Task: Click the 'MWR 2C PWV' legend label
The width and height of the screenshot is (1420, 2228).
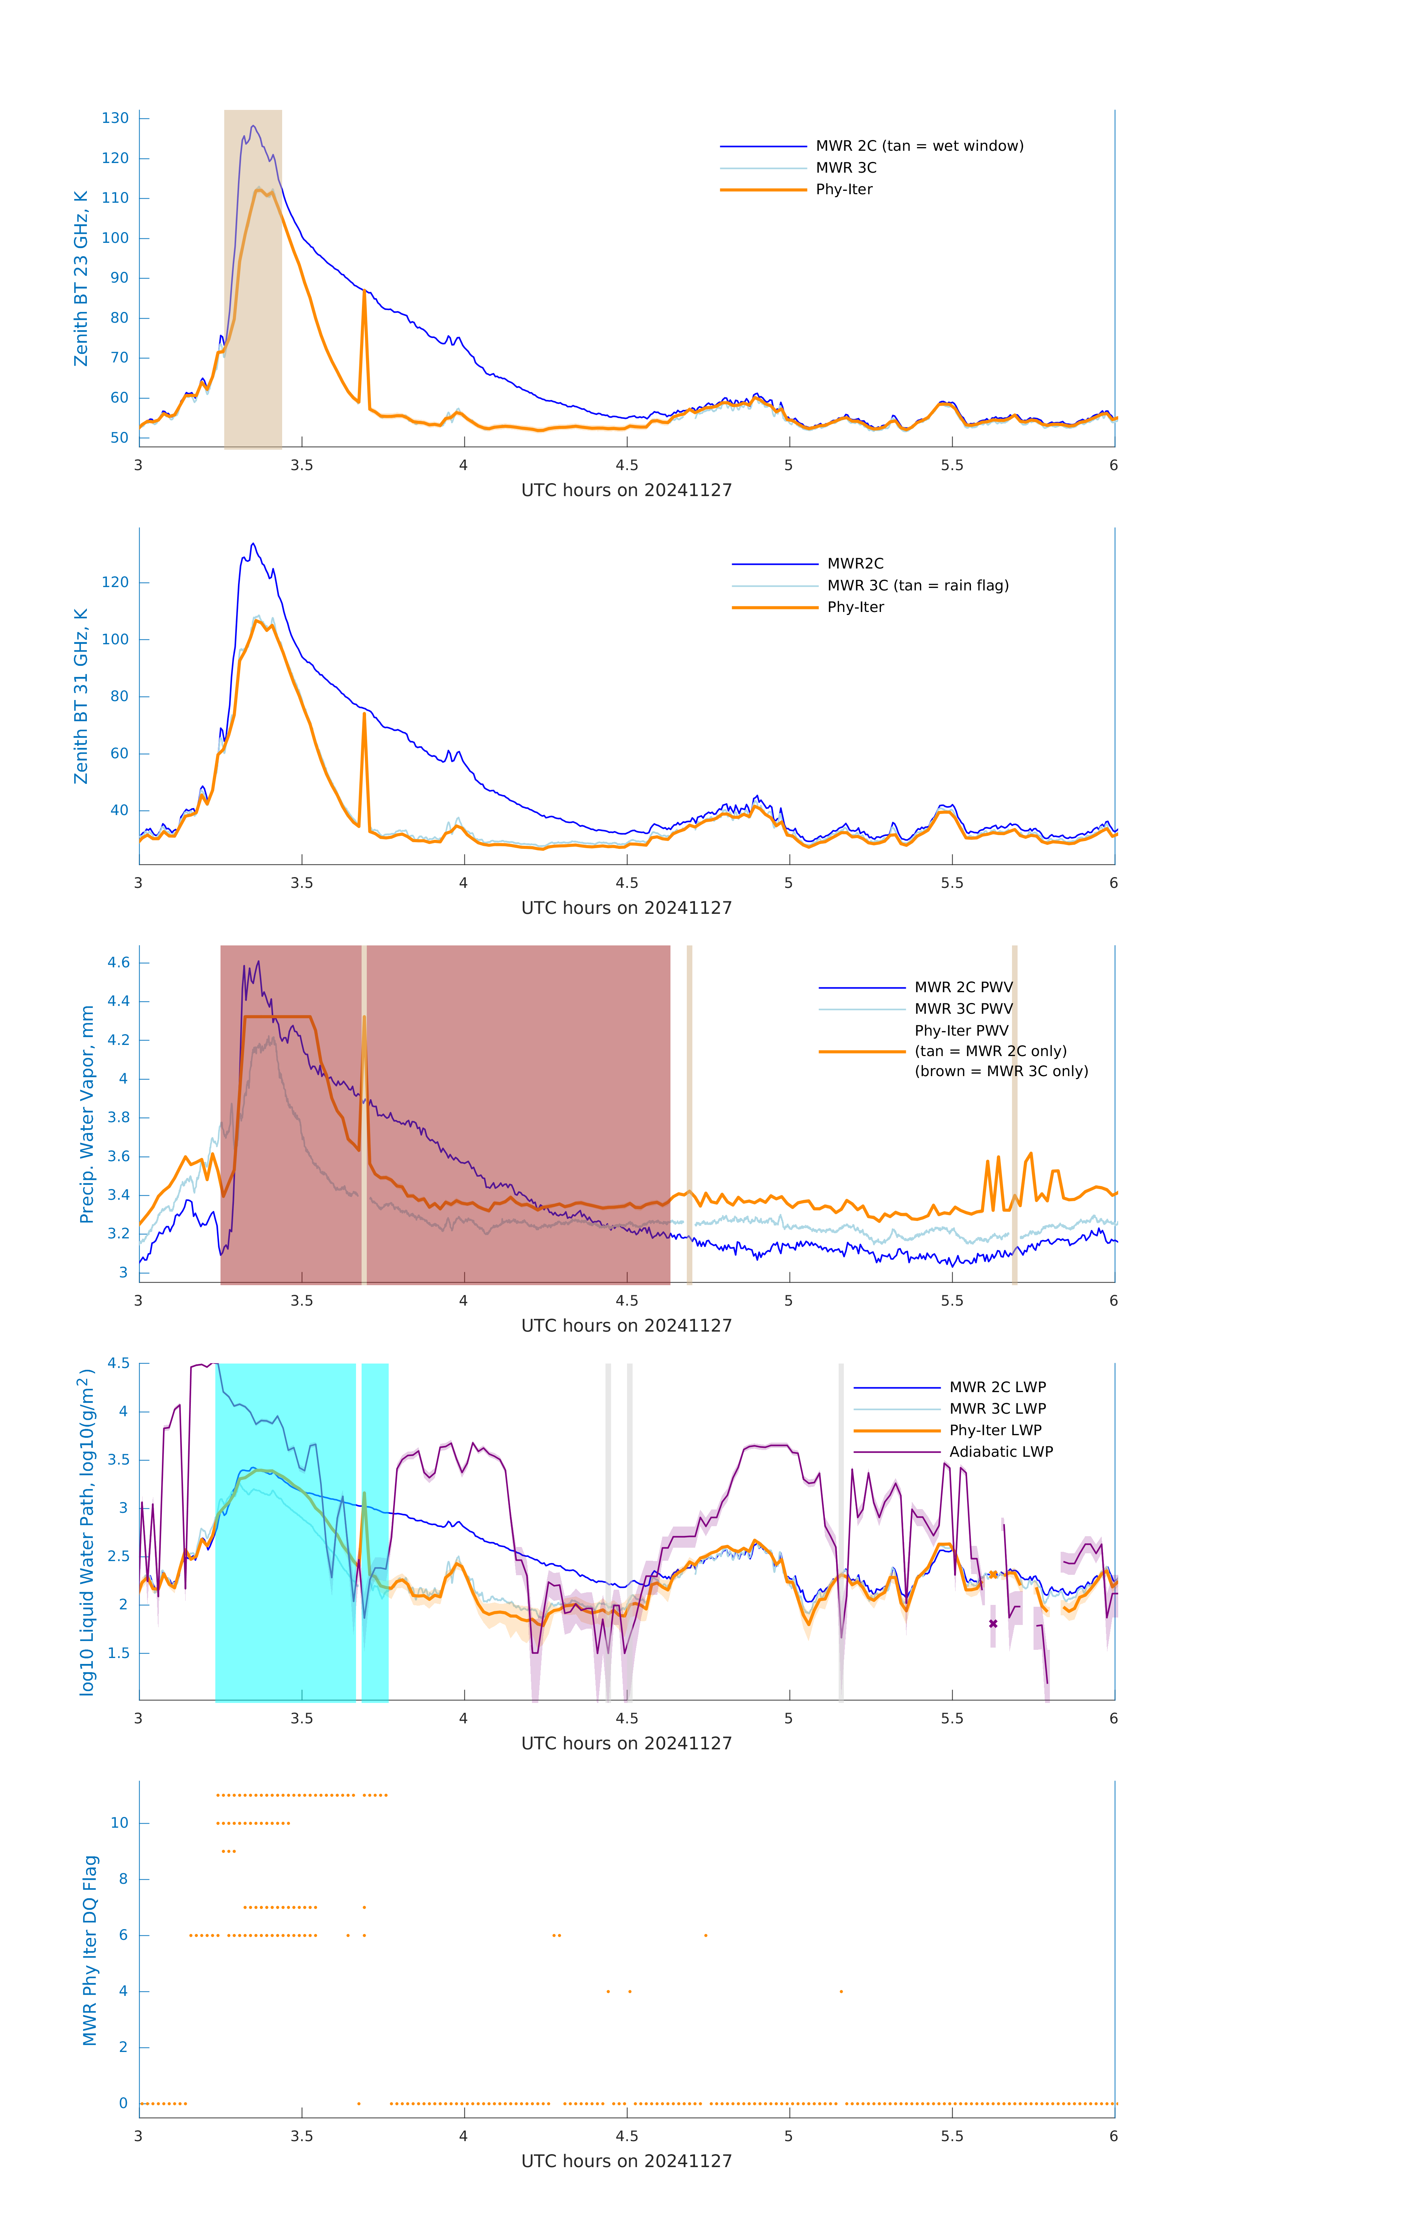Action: (x=963, y=987)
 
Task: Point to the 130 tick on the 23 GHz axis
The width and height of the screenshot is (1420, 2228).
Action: (x=115, y=118)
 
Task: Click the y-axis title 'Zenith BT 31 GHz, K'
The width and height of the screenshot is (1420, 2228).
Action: (x=81, y=696)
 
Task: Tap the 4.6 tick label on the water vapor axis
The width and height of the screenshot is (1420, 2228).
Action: (x=118, y=963)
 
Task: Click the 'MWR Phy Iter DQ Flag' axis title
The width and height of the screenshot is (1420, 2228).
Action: (x=90, y=1950)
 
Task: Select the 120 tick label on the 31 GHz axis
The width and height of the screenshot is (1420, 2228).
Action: (x=115, y=583)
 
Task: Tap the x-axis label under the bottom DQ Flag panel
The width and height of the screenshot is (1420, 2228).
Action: (x=626, y=2162)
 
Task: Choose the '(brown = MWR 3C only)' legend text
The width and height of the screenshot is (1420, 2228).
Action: (x=1001, y=1071)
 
